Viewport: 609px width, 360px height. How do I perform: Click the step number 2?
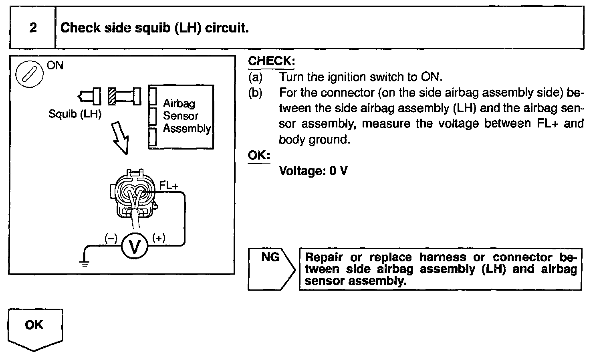pyautogui.click(x=33, y=28)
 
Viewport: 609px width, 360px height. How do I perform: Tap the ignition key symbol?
pyautogui.click(x=29, y=75)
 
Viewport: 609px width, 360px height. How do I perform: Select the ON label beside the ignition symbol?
pyautogui.click(x=55, y=65)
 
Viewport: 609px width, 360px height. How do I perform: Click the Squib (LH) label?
pyautogui.click(x=75, y=114)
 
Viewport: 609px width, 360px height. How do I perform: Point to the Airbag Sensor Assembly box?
pyautogui.click(x=181, y=117)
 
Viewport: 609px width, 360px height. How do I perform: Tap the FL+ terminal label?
pyautogui.click(x=169, y=185)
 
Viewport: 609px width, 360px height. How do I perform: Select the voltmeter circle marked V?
pyautogui.click(x=134, y=246)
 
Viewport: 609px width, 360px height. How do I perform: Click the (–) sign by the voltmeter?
pyautogui.click(x=111, y=238)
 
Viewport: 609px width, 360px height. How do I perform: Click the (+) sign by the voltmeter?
pyautogui.click(x=159, y=238)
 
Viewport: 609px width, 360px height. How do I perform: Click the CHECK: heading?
pyautogui.click(x=271, y=61)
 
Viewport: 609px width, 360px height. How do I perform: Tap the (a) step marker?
pyautogui.click(x=255, y=77)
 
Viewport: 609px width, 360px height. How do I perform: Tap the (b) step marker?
pyautogui.click(x=255, y=93)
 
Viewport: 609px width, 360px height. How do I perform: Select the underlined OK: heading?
pyautogui.click(x=259, y=155)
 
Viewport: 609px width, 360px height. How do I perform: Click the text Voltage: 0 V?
pyautogui.click(x=313, y=171)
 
